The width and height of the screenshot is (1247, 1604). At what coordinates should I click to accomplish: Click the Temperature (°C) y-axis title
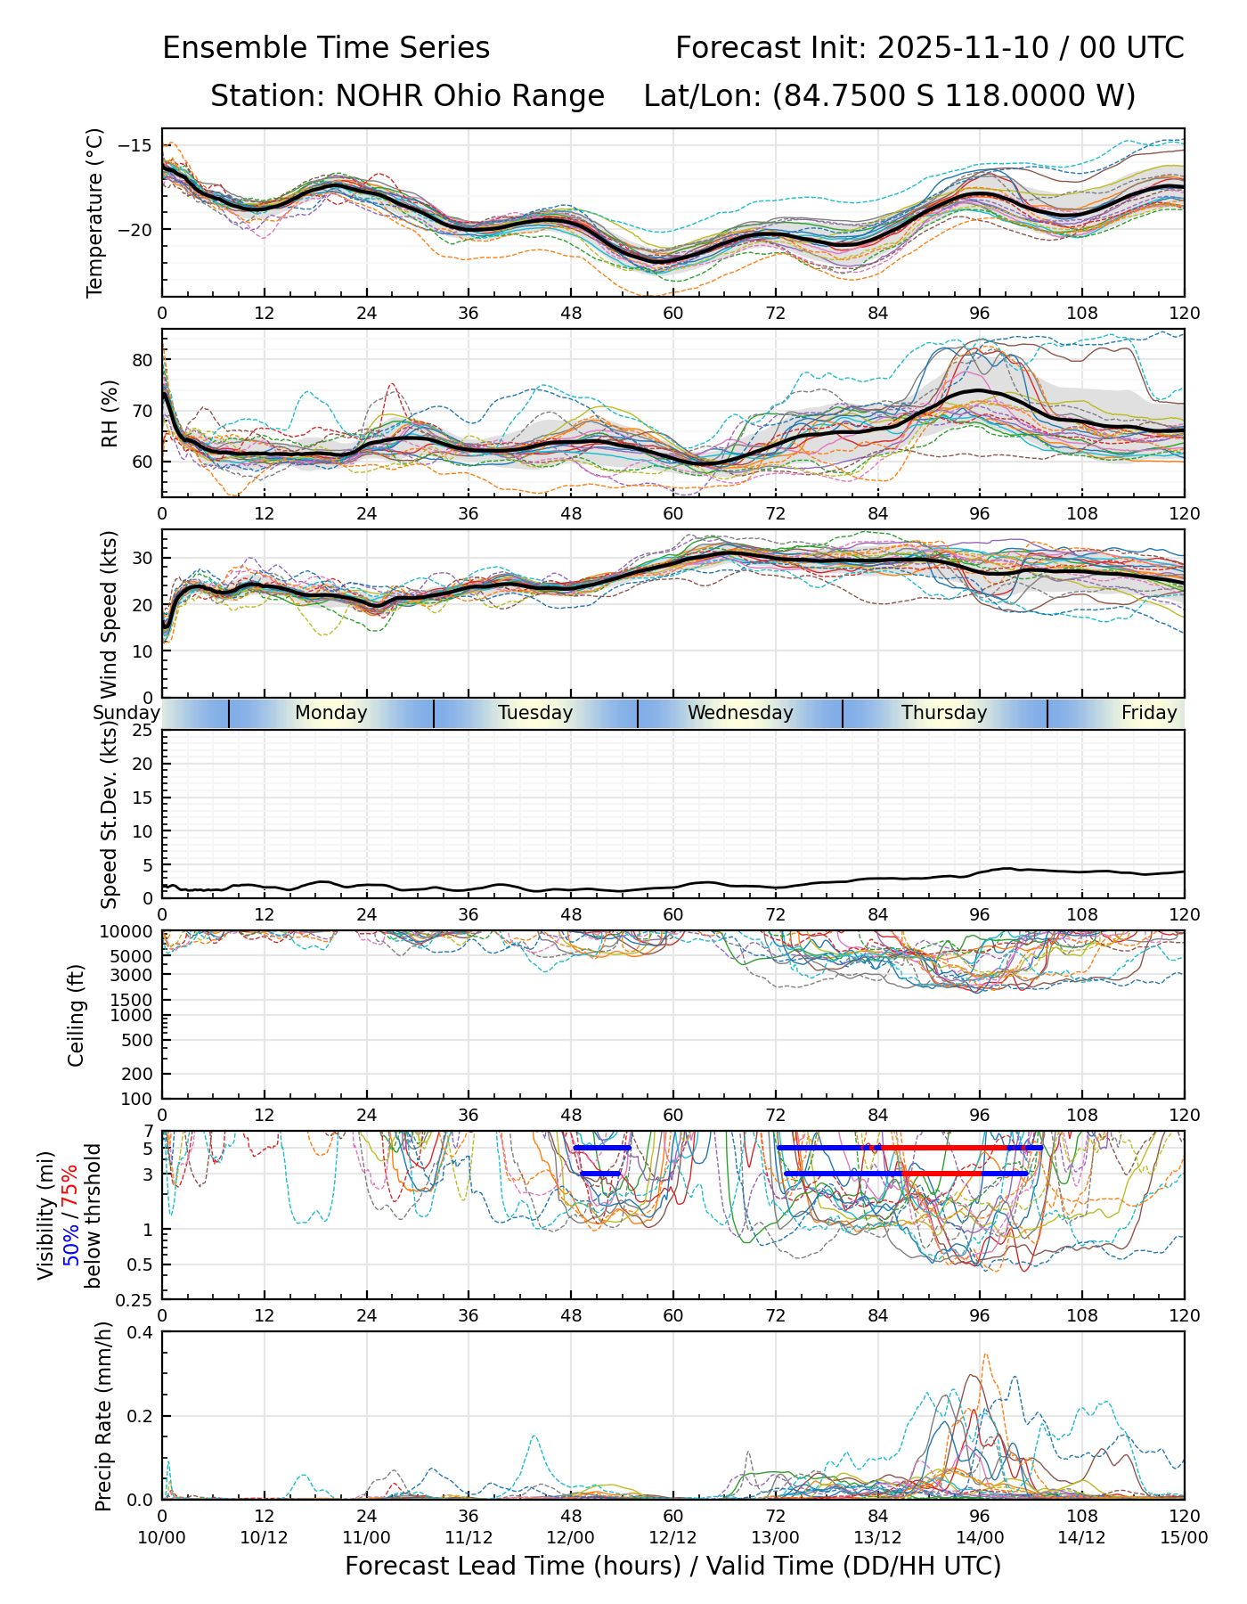pos(95,212)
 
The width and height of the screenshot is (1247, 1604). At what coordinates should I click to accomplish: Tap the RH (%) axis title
pos(110,413)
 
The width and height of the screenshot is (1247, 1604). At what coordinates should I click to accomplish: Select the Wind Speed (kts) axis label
pos(110,615)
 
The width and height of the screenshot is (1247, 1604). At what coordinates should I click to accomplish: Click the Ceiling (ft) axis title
pos(77,1015)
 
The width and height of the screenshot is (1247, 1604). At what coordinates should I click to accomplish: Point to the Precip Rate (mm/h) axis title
pos(103,1415)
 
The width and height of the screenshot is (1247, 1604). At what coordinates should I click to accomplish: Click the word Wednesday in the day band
pos(740,713)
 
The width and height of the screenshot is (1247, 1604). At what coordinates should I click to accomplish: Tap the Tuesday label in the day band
pos(535,713)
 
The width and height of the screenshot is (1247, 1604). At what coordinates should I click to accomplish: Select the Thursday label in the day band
pos(944,713)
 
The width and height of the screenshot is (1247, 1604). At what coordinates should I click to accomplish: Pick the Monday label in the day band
pos(330,713)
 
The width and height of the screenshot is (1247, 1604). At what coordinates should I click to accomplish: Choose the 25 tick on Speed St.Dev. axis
pos(143,731)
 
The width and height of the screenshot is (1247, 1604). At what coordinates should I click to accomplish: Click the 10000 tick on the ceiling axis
pos(128,931)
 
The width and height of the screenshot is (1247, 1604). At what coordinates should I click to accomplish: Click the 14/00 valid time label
pos(980,1537)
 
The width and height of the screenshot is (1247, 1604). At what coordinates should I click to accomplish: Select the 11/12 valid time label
pos(469,1537)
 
